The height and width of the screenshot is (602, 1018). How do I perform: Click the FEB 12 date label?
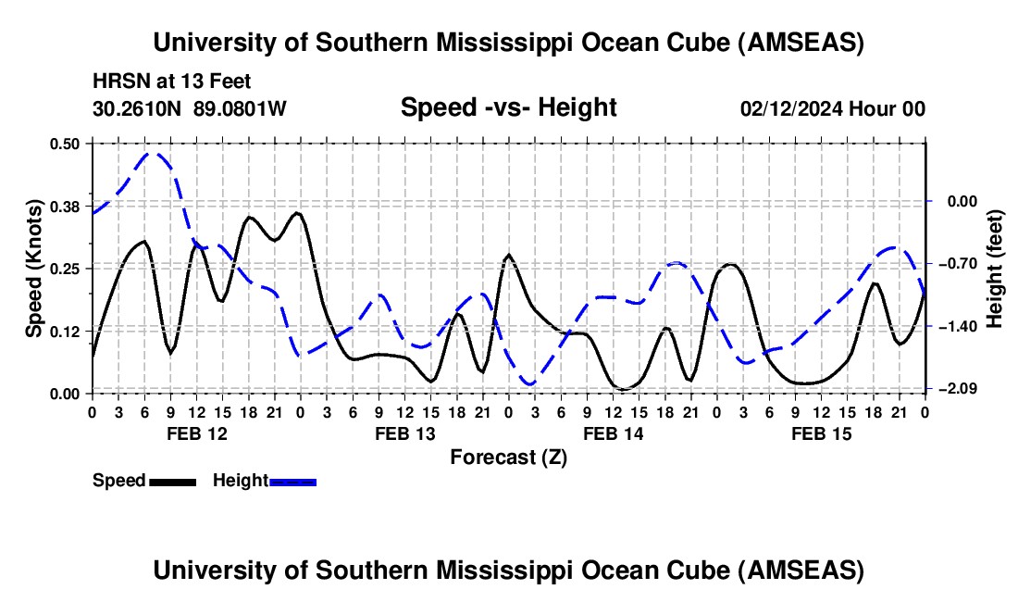pyautogui.click(x=196, y=433)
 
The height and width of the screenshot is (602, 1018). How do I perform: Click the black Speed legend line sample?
pyautogui.click(x=172, y=481)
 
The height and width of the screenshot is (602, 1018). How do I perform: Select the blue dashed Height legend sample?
pyautogui.click(x=292, y=481)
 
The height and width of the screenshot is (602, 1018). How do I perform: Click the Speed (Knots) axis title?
pyautogui.click(x=33, y=269)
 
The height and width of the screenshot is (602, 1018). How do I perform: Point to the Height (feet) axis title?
pyautogui.click(x=996, y=269)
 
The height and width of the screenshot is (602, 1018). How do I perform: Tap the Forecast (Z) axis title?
pyautogui.click(x=508, y=457)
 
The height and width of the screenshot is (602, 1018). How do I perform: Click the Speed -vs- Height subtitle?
pyautogui.click(x=508, y=107)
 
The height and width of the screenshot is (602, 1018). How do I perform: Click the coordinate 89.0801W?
pyautogui.click(x=241, y=108)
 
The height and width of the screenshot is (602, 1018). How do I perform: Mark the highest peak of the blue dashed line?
pyautogui.click(x=155, y=154)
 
